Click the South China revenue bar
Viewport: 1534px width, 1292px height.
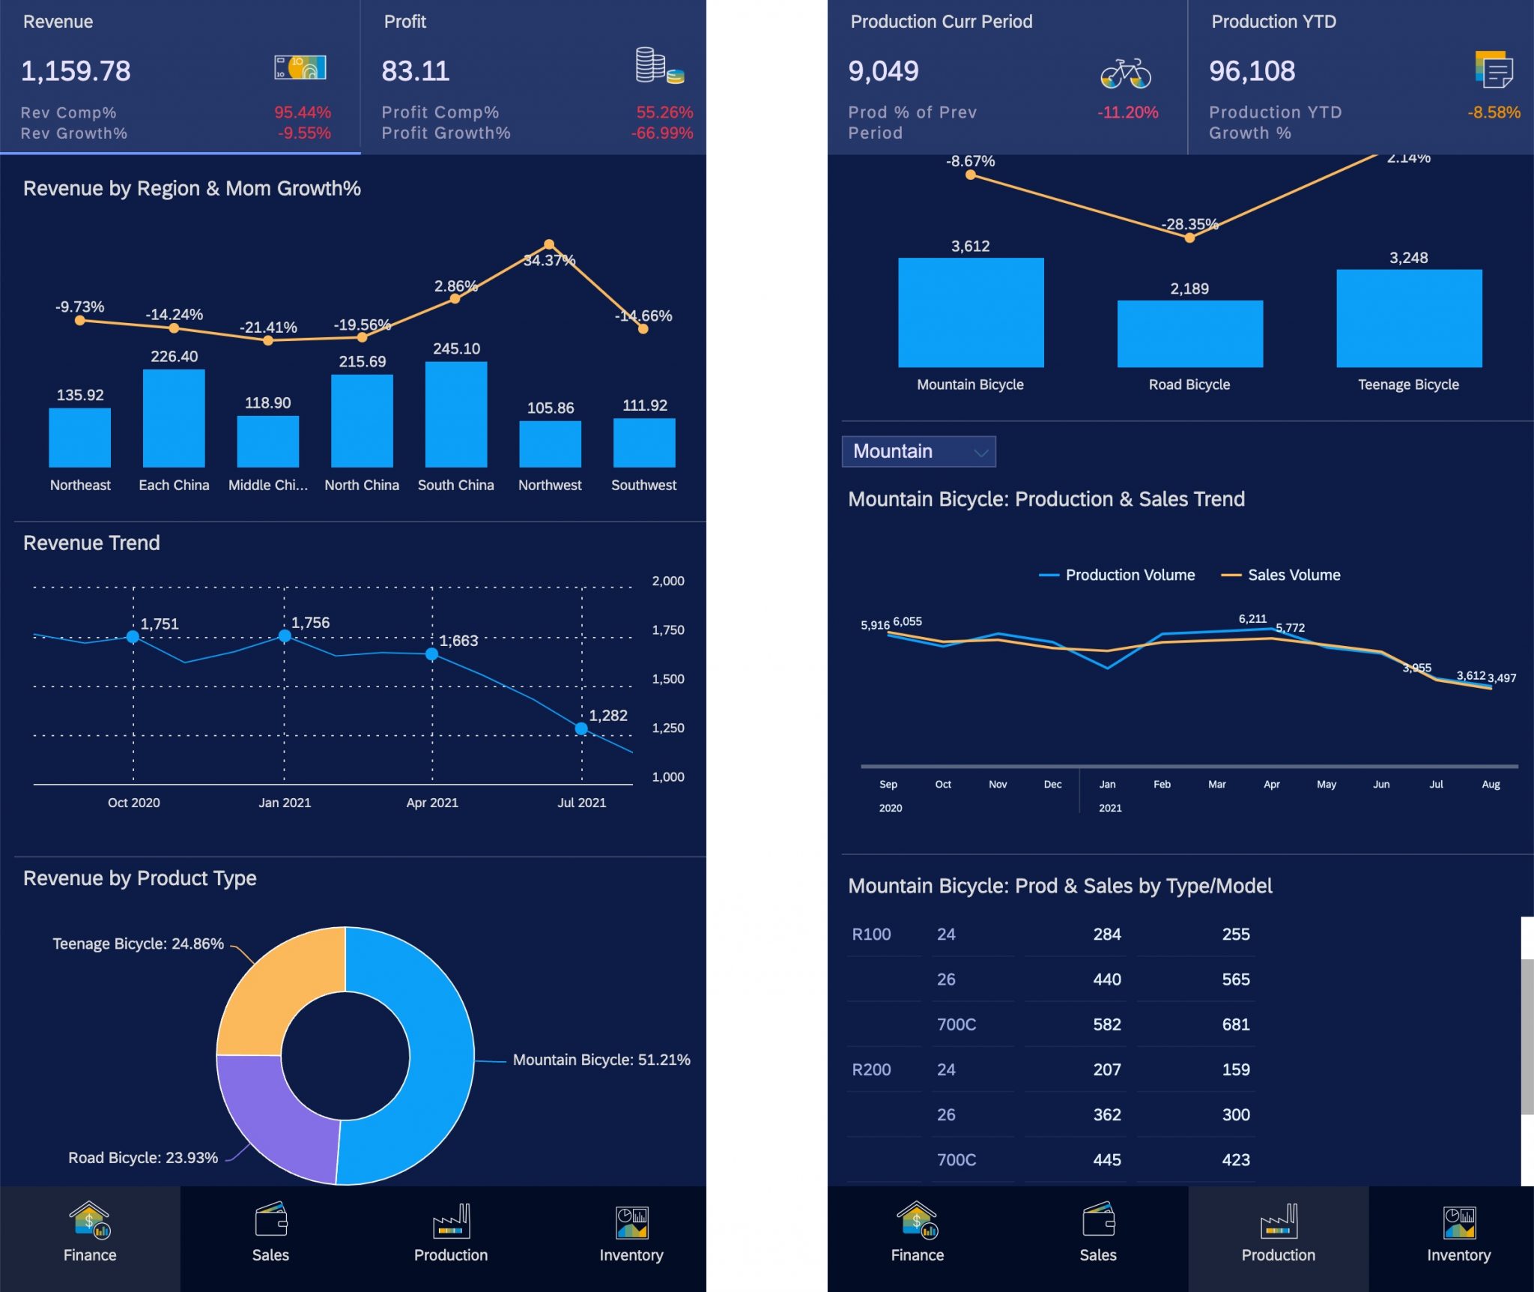pyautogui.click(x=455, y=414)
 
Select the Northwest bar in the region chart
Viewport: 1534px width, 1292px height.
pyautogui.click(x=550, y=444)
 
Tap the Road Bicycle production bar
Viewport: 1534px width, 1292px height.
pyautogui.click(x=1189, y=334)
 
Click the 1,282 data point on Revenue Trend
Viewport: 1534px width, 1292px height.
pyautogui.click(x=581, y=728)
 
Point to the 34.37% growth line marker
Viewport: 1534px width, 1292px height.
pyautogui.click(x=549, y=244)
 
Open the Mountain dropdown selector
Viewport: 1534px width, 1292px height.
pyautogui.click(x=918, y=451)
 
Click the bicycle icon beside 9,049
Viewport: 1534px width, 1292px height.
pyautogui.click(x=1125, y=73)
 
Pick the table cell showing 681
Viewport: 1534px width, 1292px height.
pyautogui.click(x=1235, y=1024)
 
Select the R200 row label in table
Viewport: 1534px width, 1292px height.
pyautogui.click(x=871, y=1069)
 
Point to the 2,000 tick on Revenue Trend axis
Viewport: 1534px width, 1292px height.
pyautogui.click(x=667, y=581)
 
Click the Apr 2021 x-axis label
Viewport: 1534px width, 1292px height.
pyautogui.click(x=432, y=803)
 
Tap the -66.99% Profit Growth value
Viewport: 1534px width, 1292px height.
pyautogui.click(x=662, y=133)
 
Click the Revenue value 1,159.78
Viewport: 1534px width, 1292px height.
pyautogui.click(x=76, y=71)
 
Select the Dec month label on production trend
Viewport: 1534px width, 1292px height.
pyautogui.click(x=1052, y=784)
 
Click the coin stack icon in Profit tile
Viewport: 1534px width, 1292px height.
pyautogui.click(x=658, y=66)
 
